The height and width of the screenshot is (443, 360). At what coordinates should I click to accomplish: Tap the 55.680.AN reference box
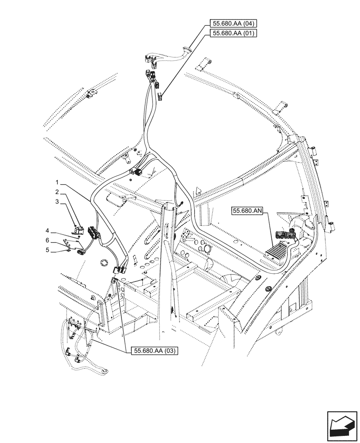pos(247,212)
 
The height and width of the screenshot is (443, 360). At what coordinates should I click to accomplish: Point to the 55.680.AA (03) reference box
pos(155,351)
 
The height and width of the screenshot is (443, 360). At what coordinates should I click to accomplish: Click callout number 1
pos(57,183)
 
